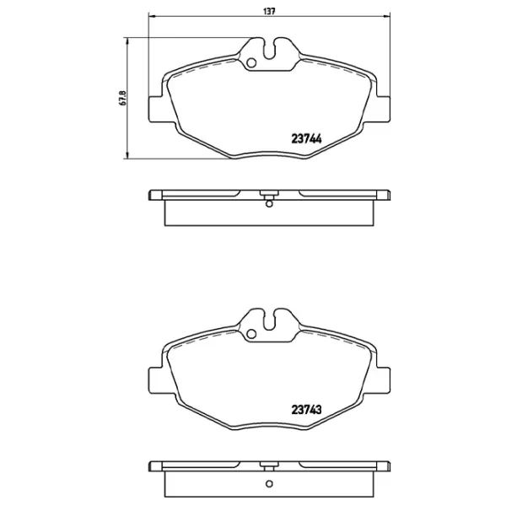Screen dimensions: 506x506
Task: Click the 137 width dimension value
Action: (x=268, y=11)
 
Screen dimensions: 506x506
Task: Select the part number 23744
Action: (x=309, y=142)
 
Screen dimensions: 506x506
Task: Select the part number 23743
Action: (x=309, y=412)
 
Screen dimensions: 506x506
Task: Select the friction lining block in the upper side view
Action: (x=268, y=213)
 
